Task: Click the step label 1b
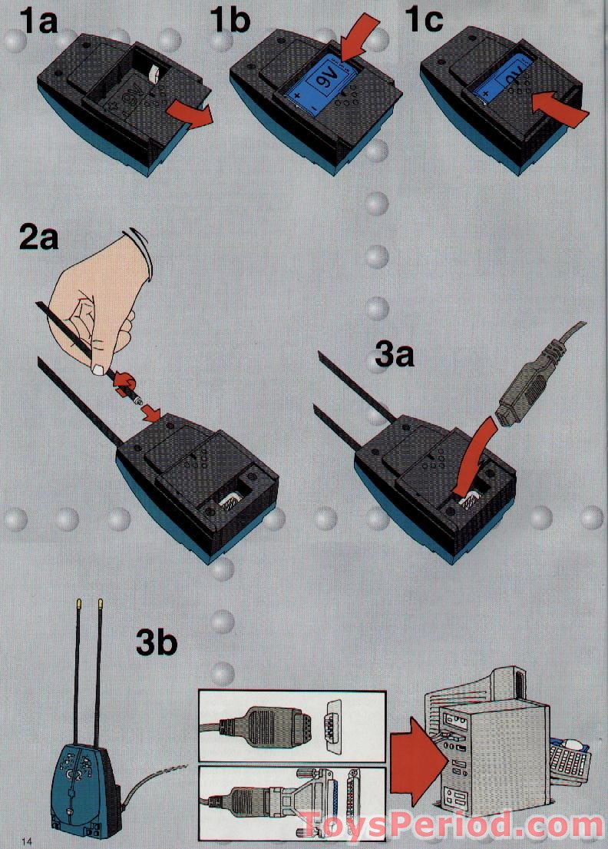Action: [230, 21]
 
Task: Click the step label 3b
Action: [157, 642]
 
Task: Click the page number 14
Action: [27, 841]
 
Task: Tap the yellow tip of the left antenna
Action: [80, 603]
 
